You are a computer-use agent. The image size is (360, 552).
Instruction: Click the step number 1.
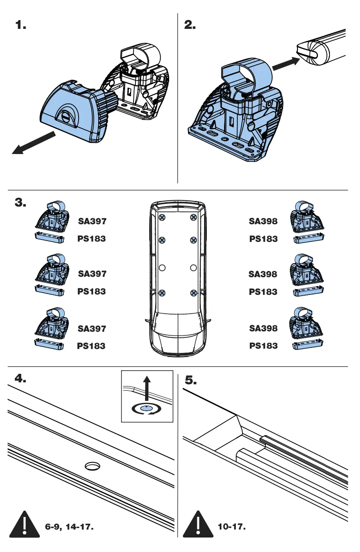point(20,25)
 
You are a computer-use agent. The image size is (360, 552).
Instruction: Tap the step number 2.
point(190,25)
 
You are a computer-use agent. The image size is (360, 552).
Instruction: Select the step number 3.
point(20,203)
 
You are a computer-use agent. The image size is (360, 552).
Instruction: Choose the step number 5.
point(190,380)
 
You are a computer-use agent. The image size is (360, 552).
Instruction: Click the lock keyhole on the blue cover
point(66,116)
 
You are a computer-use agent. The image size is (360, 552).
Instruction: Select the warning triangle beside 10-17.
point(198,526)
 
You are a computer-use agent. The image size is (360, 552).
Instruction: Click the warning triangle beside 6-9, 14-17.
point(24,525)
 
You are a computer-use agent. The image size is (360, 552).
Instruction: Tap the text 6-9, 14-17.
point(69,526)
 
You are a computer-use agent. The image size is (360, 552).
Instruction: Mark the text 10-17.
point(231,526)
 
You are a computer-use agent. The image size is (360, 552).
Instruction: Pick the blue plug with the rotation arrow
point(147,408)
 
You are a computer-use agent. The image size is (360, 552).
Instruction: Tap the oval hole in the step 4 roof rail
point(93,466)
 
